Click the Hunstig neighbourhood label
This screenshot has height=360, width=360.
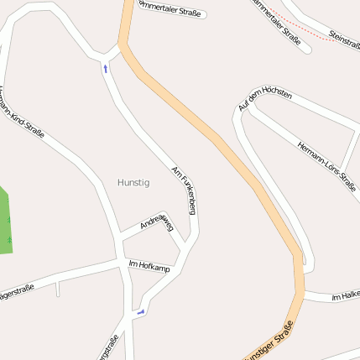pos(133,181)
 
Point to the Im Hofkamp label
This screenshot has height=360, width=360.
pos(149,266)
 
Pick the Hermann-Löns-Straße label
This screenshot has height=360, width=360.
pos(326,165)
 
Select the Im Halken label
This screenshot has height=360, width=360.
pos(346,297)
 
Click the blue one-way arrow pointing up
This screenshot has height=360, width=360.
pos(106,68)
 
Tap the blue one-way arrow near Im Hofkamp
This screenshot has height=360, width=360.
pos(140,312)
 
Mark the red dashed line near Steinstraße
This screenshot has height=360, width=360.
pos(306,34)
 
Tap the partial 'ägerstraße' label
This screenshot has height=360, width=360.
pos(17,294)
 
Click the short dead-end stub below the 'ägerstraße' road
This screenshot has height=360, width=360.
pos(57,289)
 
